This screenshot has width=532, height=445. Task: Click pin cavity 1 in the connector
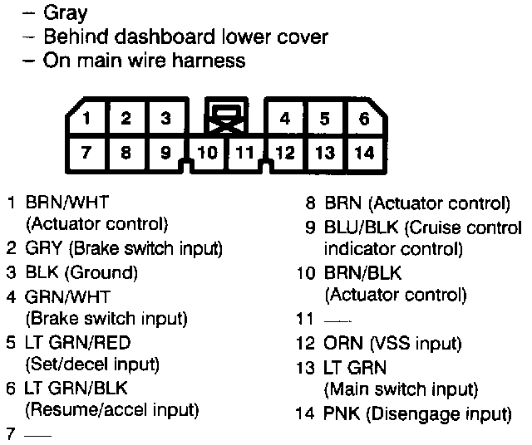click(86, 119)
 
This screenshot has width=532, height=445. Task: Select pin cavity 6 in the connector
click(364, 119)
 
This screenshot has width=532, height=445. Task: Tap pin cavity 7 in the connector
click(86, 152)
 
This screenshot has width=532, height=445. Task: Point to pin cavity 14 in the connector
click(364, 152)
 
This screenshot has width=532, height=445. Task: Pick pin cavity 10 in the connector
click(208, 153)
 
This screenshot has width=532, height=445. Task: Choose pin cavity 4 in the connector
click(285, 119)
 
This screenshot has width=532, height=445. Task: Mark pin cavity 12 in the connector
click(285, 152)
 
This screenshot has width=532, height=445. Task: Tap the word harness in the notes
click(212, 60)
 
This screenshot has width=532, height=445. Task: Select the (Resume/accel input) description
click(112, 409)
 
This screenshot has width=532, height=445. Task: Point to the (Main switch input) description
click(401, 389)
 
